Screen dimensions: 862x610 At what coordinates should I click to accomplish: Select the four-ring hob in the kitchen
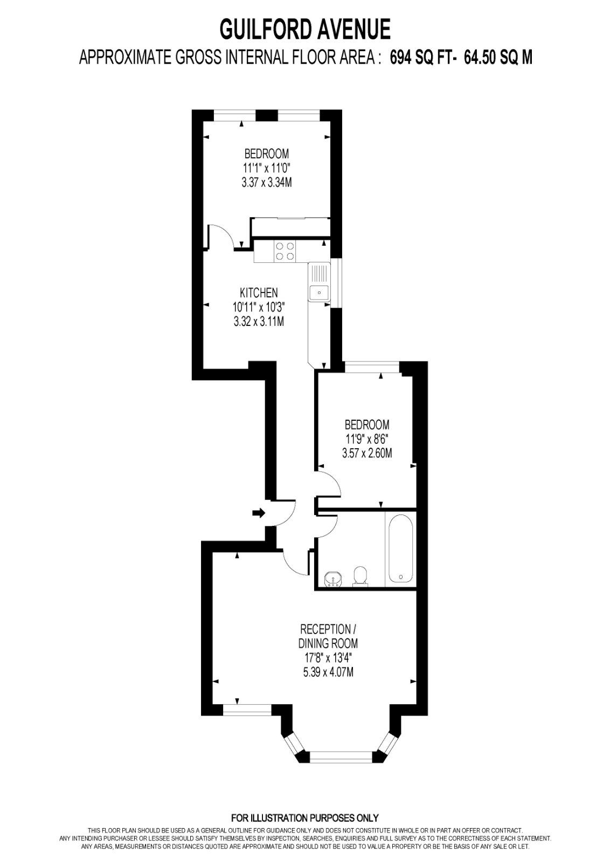pyautogui.click(x=285, y=250)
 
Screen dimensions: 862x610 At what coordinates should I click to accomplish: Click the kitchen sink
pyautogui.click(x=318, y=293)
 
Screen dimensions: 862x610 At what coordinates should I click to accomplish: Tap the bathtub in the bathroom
pyautogui.click(x=400, y=549)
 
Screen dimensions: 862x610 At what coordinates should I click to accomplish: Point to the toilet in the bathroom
pyautogui.click(x=360, y=575)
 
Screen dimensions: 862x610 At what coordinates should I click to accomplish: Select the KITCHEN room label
pyautogui.click(x=259, y=293)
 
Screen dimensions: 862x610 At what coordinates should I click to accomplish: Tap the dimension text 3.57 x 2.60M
pyautogui.click(x=367, y=453)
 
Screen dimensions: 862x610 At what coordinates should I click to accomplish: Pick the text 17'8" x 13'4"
pyautogui.click(x=328, y=657)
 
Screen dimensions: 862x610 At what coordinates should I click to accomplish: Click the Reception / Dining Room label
pyautogui.click(x=328, y=636)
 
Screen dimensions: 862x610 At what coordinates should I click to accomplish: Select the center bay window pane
pyautogui.click(x=341, y=757)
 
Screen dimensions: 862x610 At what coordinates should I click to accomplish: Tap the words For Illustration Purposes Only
pyautogui.click(x=305, y=817)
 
